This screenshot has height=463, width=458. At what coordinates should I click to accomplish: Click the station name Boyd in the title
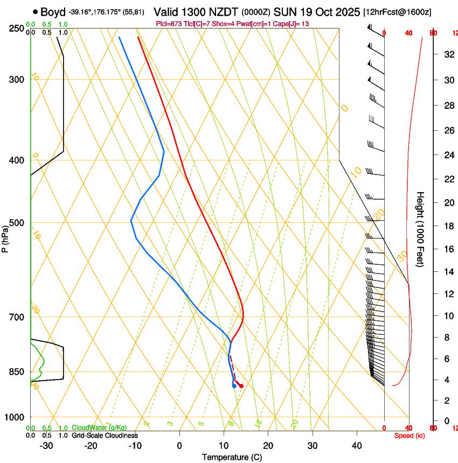(53, 11)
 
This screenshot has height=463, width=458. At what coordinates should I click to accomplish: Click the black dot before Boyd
(35, 12)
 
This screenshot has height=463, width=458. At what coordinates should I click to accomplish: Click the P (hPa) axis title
(5, 237)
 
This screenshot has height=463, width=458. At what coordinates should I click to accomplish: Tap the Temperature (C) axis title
(232, 457)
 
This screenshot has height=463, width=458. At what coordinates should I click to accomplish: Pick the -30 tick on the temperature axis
(46, 445)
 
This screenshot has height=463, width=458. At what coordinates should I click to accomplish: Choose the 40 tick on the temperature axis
(357, 445)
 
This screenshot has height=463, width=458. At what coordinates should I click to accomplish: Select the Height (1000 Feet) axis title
(420, 229)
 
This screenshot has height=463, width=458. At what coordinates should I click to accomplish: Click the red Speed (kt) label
(410, 436)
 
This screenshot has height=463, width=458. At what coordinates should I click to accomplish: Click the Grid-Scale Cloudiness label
(105, 436)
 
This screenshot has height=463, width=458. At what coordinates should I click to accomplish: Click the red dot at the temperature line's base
(241, 385)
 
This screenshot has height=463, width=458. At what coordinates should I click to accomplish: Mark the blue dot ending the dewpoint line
(234, 385)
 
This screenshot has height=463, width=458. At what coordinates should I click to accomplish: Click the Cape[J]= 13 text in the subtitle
(294, 24)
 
